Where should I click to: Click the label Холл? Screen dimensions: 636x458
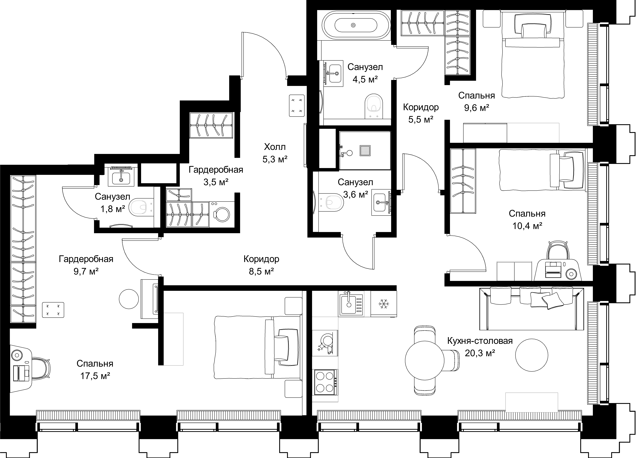pos(275,147)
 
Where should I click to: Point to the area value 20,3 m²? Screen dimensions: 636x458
pos(480,353)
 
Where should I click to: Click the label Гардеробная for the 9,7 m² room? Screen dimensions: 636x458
pos(86,259)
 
